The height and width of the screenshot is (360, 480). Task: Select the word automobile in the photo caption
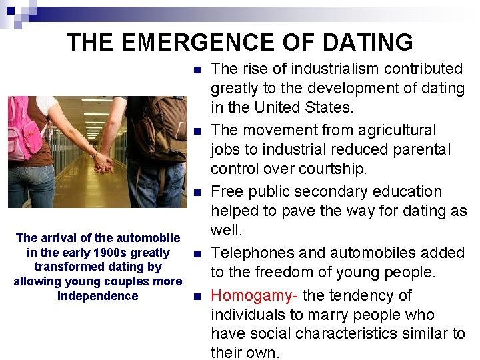click(147, 238)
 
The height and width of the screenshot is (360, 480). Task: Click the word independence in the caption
click(97, 296)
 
